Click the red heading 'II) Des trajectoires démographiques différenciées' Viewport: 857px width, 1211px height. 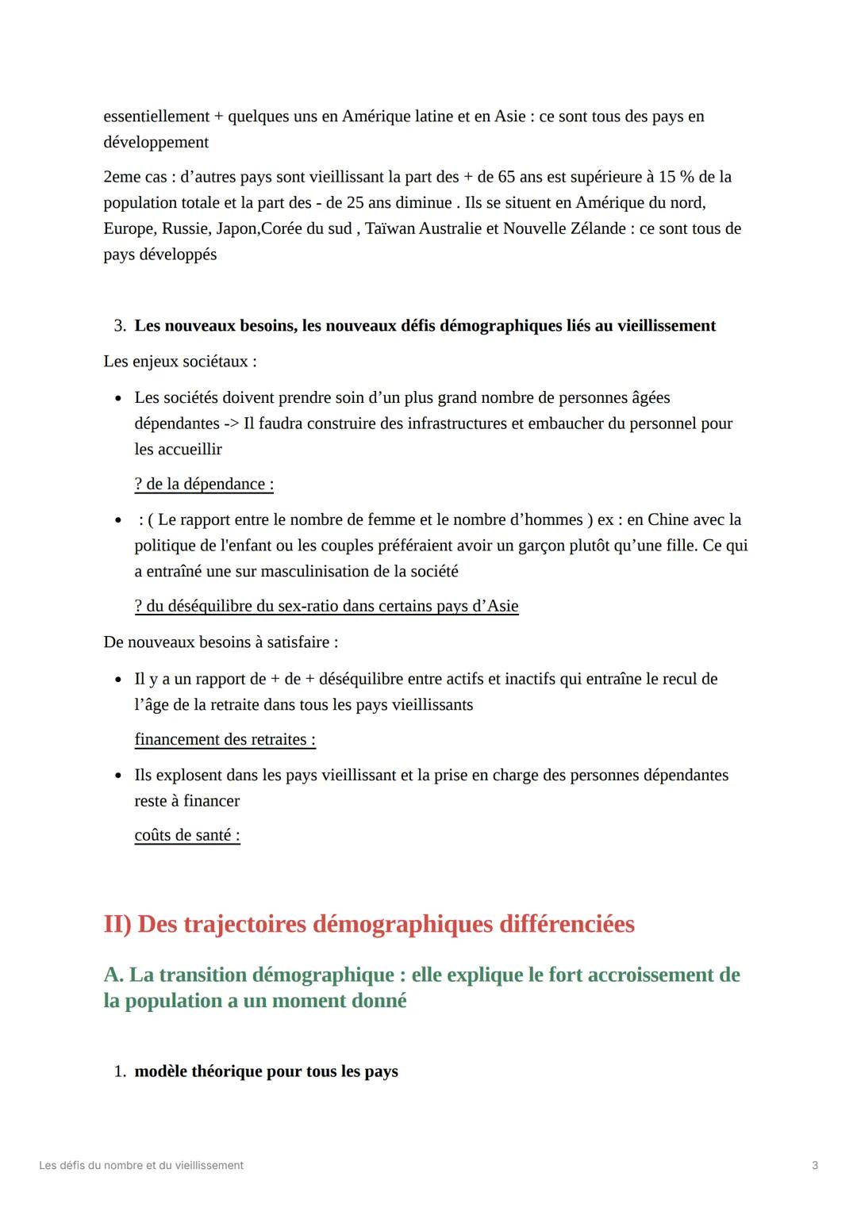pyautogui.click(x=369, y=925)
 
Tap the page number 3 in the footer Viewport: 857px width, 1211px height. pyautogui.click(x=815, y=1166)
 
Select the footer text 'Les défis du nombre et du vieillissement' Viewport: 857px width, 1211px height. pyautogui.click(x=141, y=1166)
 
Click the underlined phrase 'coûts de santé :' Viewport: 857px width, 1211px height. pyautogui.click(x=187, y=835)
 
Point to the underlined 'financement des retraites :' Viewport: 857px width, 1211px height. pyautogui.click(x=225, y=740)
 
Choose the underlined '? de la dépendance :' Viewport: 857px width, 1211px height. pyautogui.click(x=204, y=485)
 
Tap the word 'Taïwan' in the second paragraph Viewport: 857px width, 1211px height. pyautogui.click(x=391, y=229)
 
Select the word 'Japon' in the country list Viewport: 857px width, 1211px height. pyautogui.click(x=237, y=229)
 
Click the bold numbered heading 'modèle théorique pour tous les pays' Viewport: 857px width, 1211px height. pyautogui.click(x=266, y=1072)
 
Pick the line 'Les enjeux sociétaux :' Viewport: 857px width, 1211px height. pyautogui.click(x=180, y=362)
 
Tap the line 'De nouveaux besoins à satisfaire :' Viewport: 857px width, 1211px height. pyautogui.click(x=221, y=642)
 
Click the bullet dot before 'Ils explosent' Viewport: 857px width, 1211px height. pyautogui.click(x=118, y=776)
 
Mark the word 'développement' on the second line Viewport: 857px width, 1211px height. pyautogui.click(x=156, y=143)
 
